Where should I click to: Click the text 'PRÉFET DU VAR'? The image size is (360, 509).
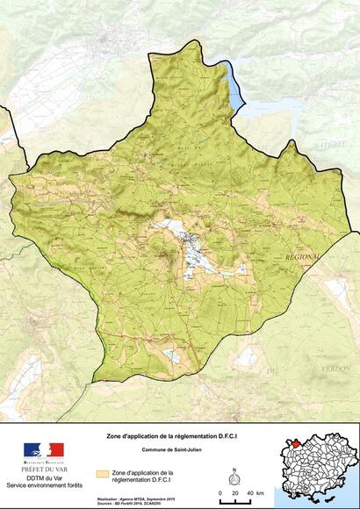[x=43, y=470]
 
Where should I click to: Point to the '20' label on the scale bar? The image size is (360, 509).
[x=234, y=494]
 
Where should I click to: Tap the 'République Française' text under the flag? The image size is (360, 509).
[x=43, y=461]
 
